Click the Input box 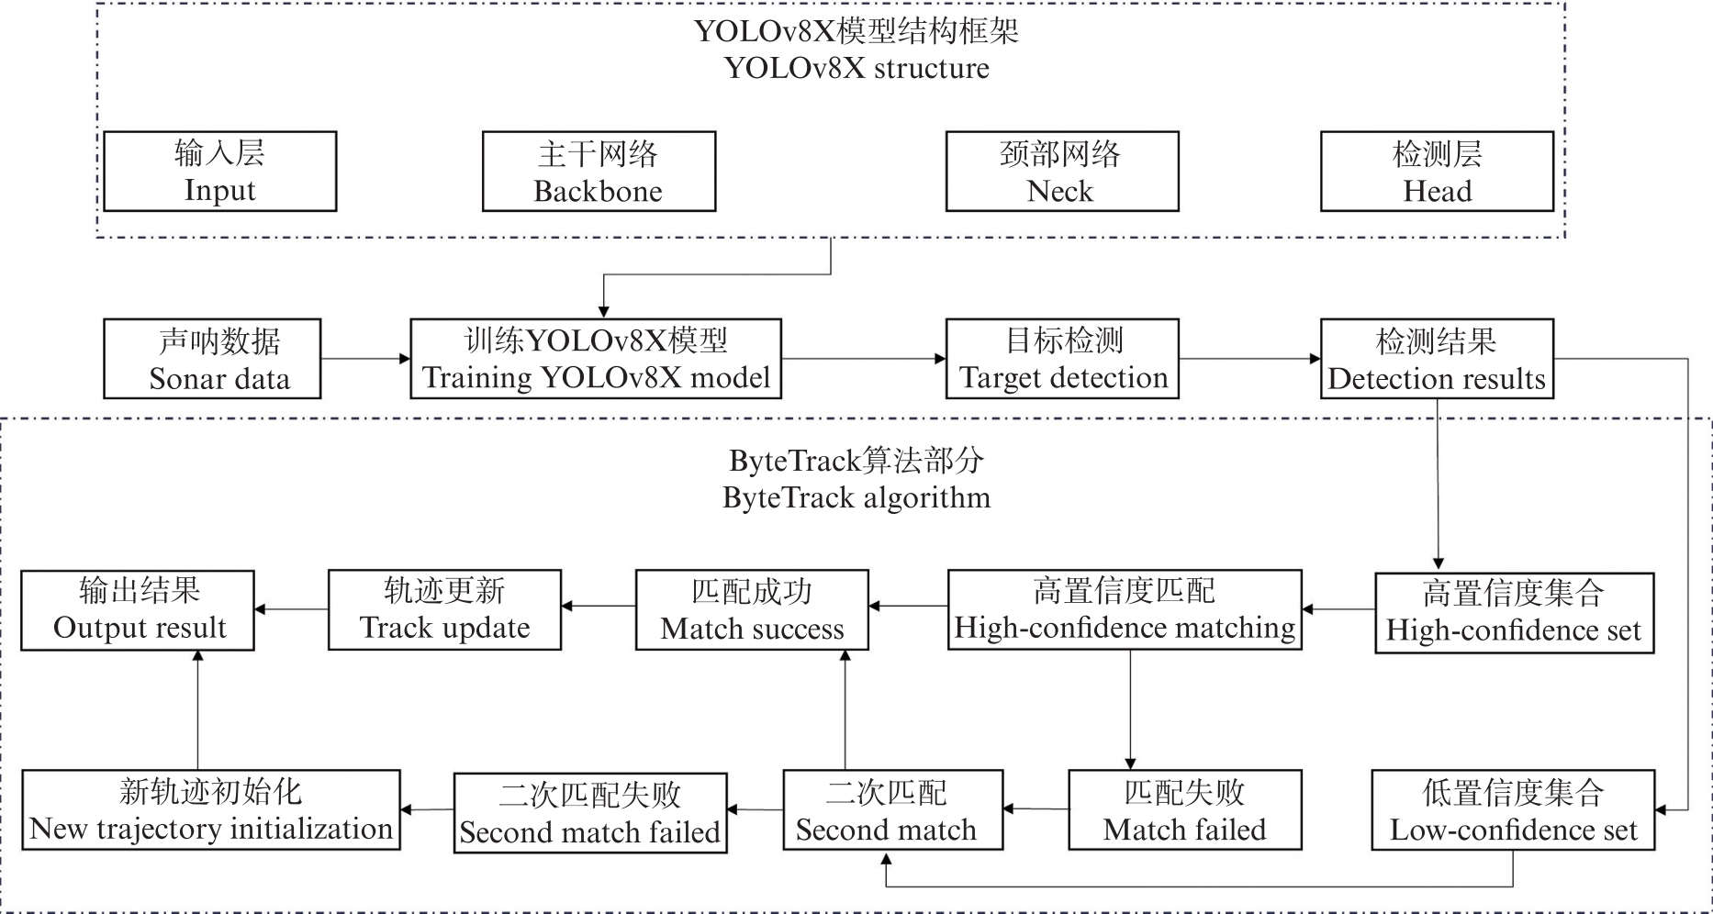pyautogui.click(x=219, y=172)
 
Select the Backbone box pyautogui.click(x=599, y=172)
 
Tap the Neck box pyautogui.click(x=1061, y=172)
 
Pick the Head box pyautogui.click(x=1437, y=172)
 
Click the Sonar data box pyautogui.click(x=212, y=359)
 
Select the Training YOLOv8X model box pyautogui.click(x=596, y=359)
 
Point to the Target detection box pyautogui.click(x=1062, y=359)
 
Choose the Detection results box pyautogui.click(x=1437, y=359)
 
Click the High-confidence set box pyautogui.click(x=1514, y=612)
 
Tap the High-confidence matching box pyautogui.click(x=1125, y=609)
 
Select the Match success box pyautogui.click(x=752, y=610)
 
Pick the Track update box pyautogui.click(x=444, y=610)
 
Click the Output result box pyautogui.click(x=138, y=610)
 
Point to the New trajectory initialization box pyautogui.click(x=211, y=809)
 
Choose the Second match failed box pyautogui.click(x=590, y=813)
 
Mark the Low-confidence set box pyautogui.click(x=1513, y=810)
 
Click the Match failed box pyautogui.click(x=1184, y=810)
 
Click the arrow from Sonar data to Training pyautogui.click(x=365, y=359)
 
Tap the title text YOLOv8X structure pyautogui.click(x=856, y=68)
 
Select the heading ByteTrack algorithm pyautogui.click(x=856, y=497)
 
